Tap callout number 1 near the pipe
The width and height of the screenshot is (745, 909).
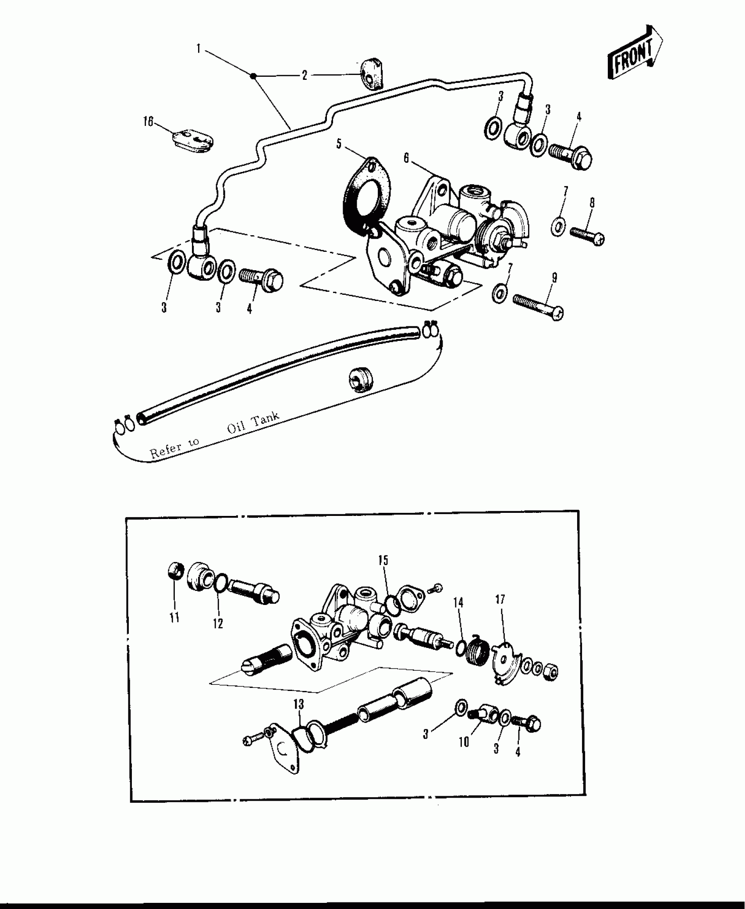pos(199,49)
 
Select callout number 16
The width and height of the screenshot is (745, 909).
pos(148,122)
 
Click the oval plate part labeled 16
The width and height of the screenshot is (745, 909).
pos(193,140)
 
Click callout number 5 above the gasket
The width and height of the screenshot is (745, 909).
pos(339,144)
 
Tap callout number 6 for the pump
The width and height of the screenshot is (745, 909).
pos(406,158)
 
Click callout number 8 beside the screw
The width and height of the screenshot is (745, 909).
pos(592,203)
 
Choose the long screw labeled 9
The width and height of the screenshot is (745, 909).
pos(538,306)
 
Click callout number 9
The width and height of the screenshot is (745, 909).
pos(554,278)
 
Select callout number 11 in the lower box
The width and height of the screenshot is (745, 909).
pos(174,618)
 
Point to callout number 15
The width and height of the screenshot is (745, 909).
pos(383,560)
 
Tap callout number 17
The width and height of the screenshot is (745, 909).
pos(500,599)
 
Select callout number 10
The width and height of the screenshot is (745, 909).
pos(464,742)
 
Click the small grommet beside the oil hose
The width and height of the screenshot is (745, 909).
pos(361,379)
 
